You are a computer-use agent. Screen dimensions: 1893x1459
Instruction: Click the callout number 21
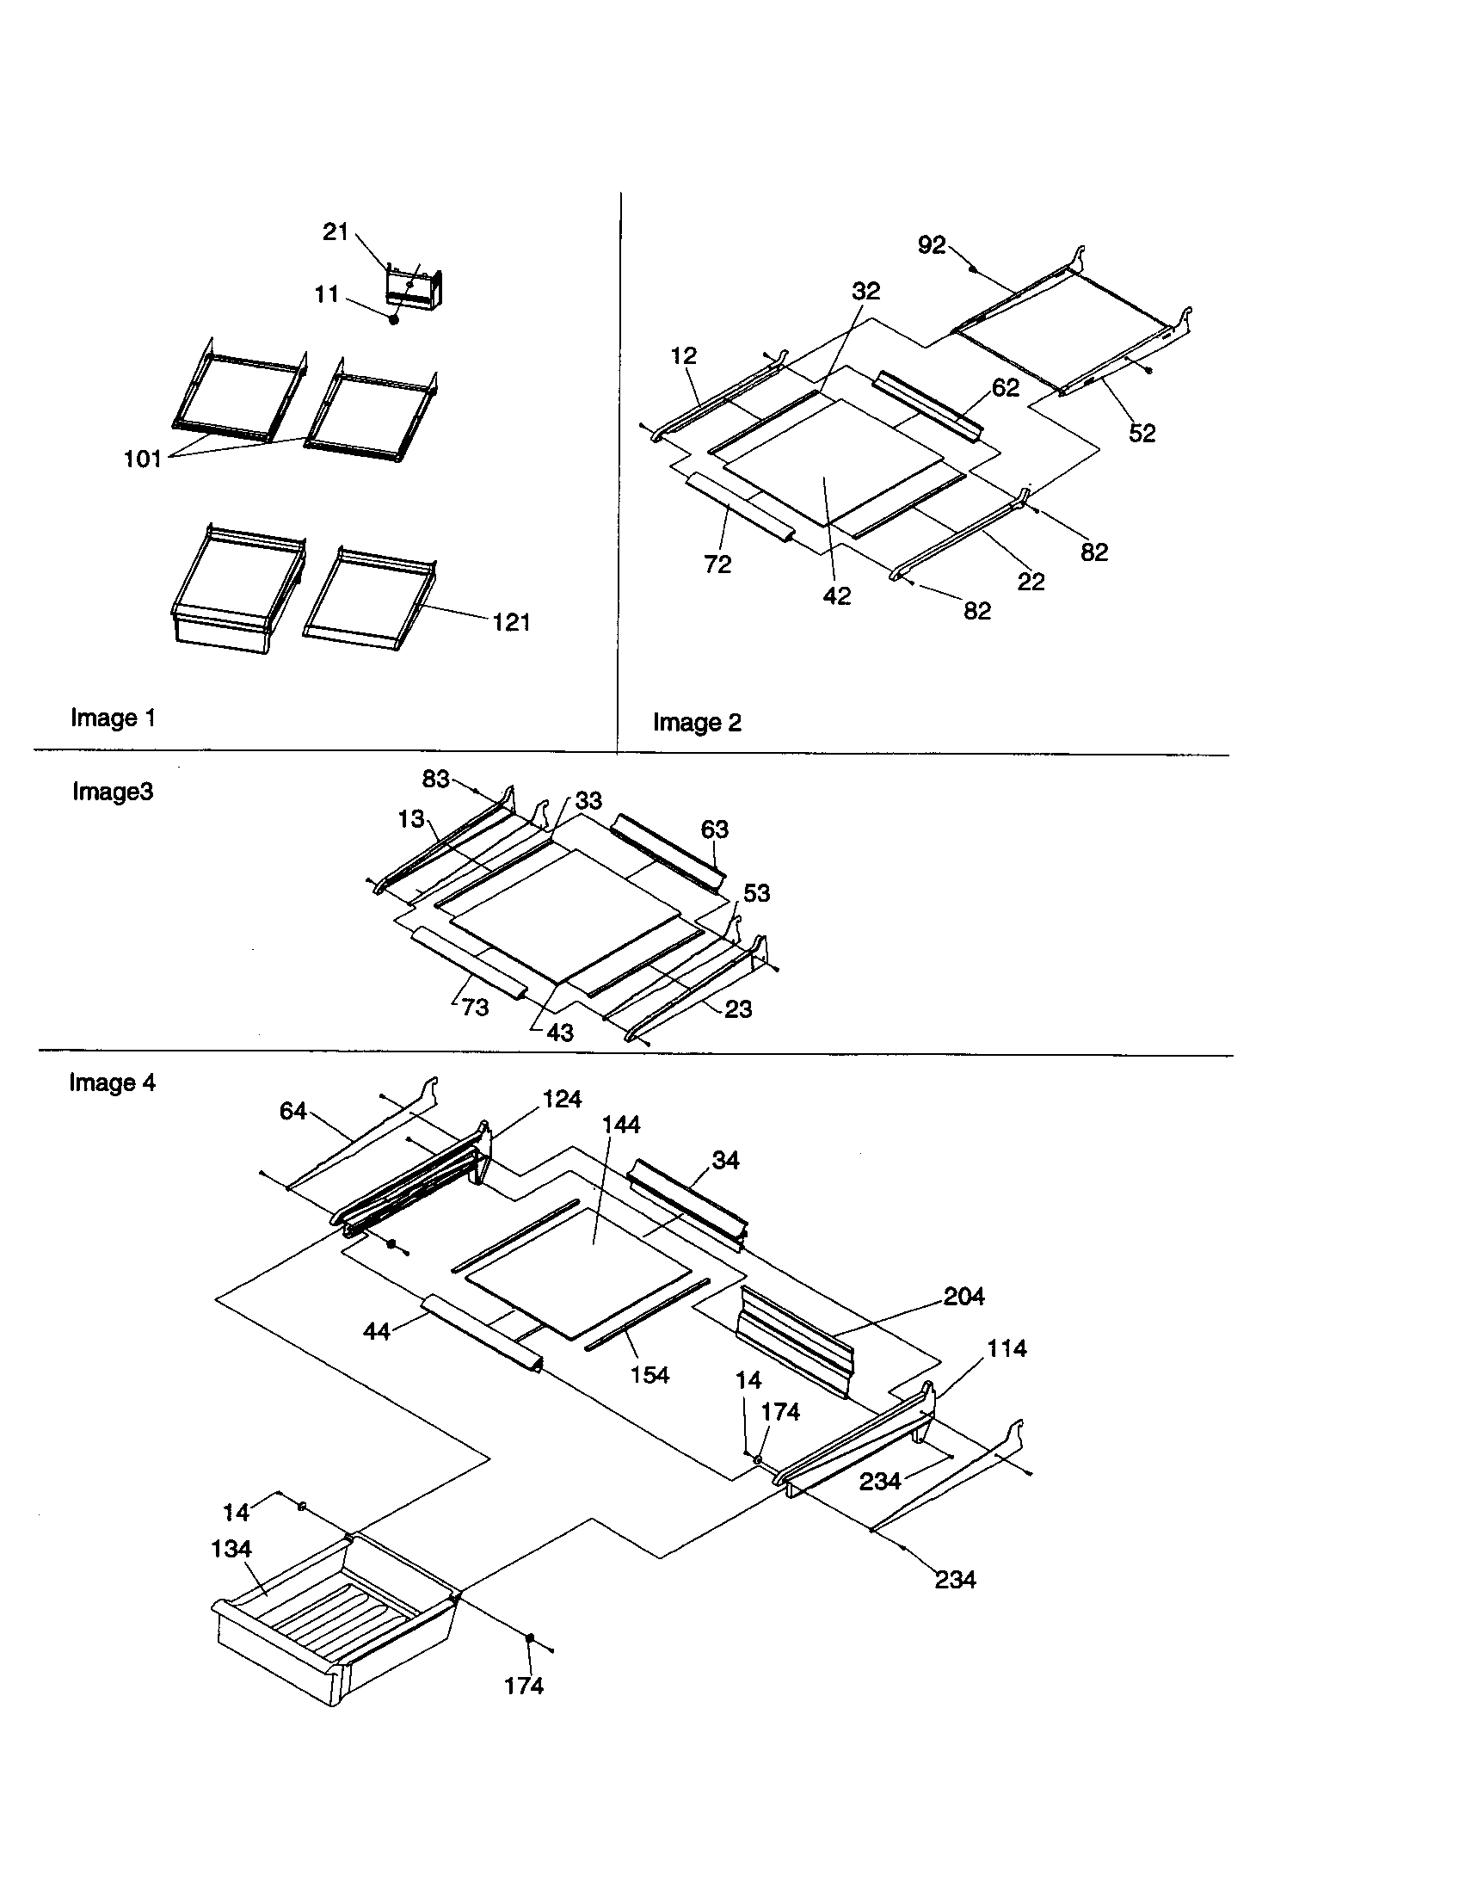point(336,232)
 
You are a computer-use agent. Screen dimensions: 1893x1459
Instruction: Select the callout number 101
point(143,459)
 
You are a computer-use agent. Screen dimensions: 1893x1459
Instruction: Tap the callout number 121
point(511,622)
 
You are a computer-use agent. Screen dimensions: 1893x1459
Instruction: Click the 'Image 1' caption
point(114,718)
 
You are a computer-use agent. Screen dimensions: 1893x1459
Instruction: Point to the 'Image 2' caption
point(697,723)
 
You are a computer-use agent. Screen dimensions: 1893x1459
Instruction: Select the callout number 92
point(932,245)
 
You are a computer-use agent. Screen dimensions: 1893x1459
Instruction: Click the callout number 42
point(837,596)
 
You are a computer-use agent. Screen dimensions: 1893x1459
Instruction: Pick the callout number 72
point(717,564)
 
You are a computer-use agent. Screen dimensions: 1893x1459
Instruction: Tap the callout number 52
point(1142,434)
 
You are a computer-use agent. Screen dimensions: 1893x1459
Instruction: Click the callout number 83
point(436,780)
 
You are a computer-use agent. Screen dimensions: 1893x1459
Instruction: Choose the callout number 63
point(715,829)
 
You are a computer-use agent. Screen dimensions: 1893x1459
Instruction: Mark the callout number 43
point(560,1033)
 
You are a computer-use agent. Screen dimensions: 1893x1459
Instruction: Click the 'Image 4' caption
point(113,1082)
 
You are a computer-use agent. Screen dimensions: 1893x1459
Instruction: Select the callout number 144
point(621,1125)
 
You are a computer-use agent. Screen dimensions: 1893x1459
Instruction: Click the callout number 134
point(231,1549)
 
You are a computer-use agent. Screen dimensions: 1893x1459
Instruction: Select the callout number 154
point(649,1375)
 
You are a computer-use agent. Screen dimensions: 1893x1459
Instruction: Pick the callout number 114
point(1007,1348)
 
